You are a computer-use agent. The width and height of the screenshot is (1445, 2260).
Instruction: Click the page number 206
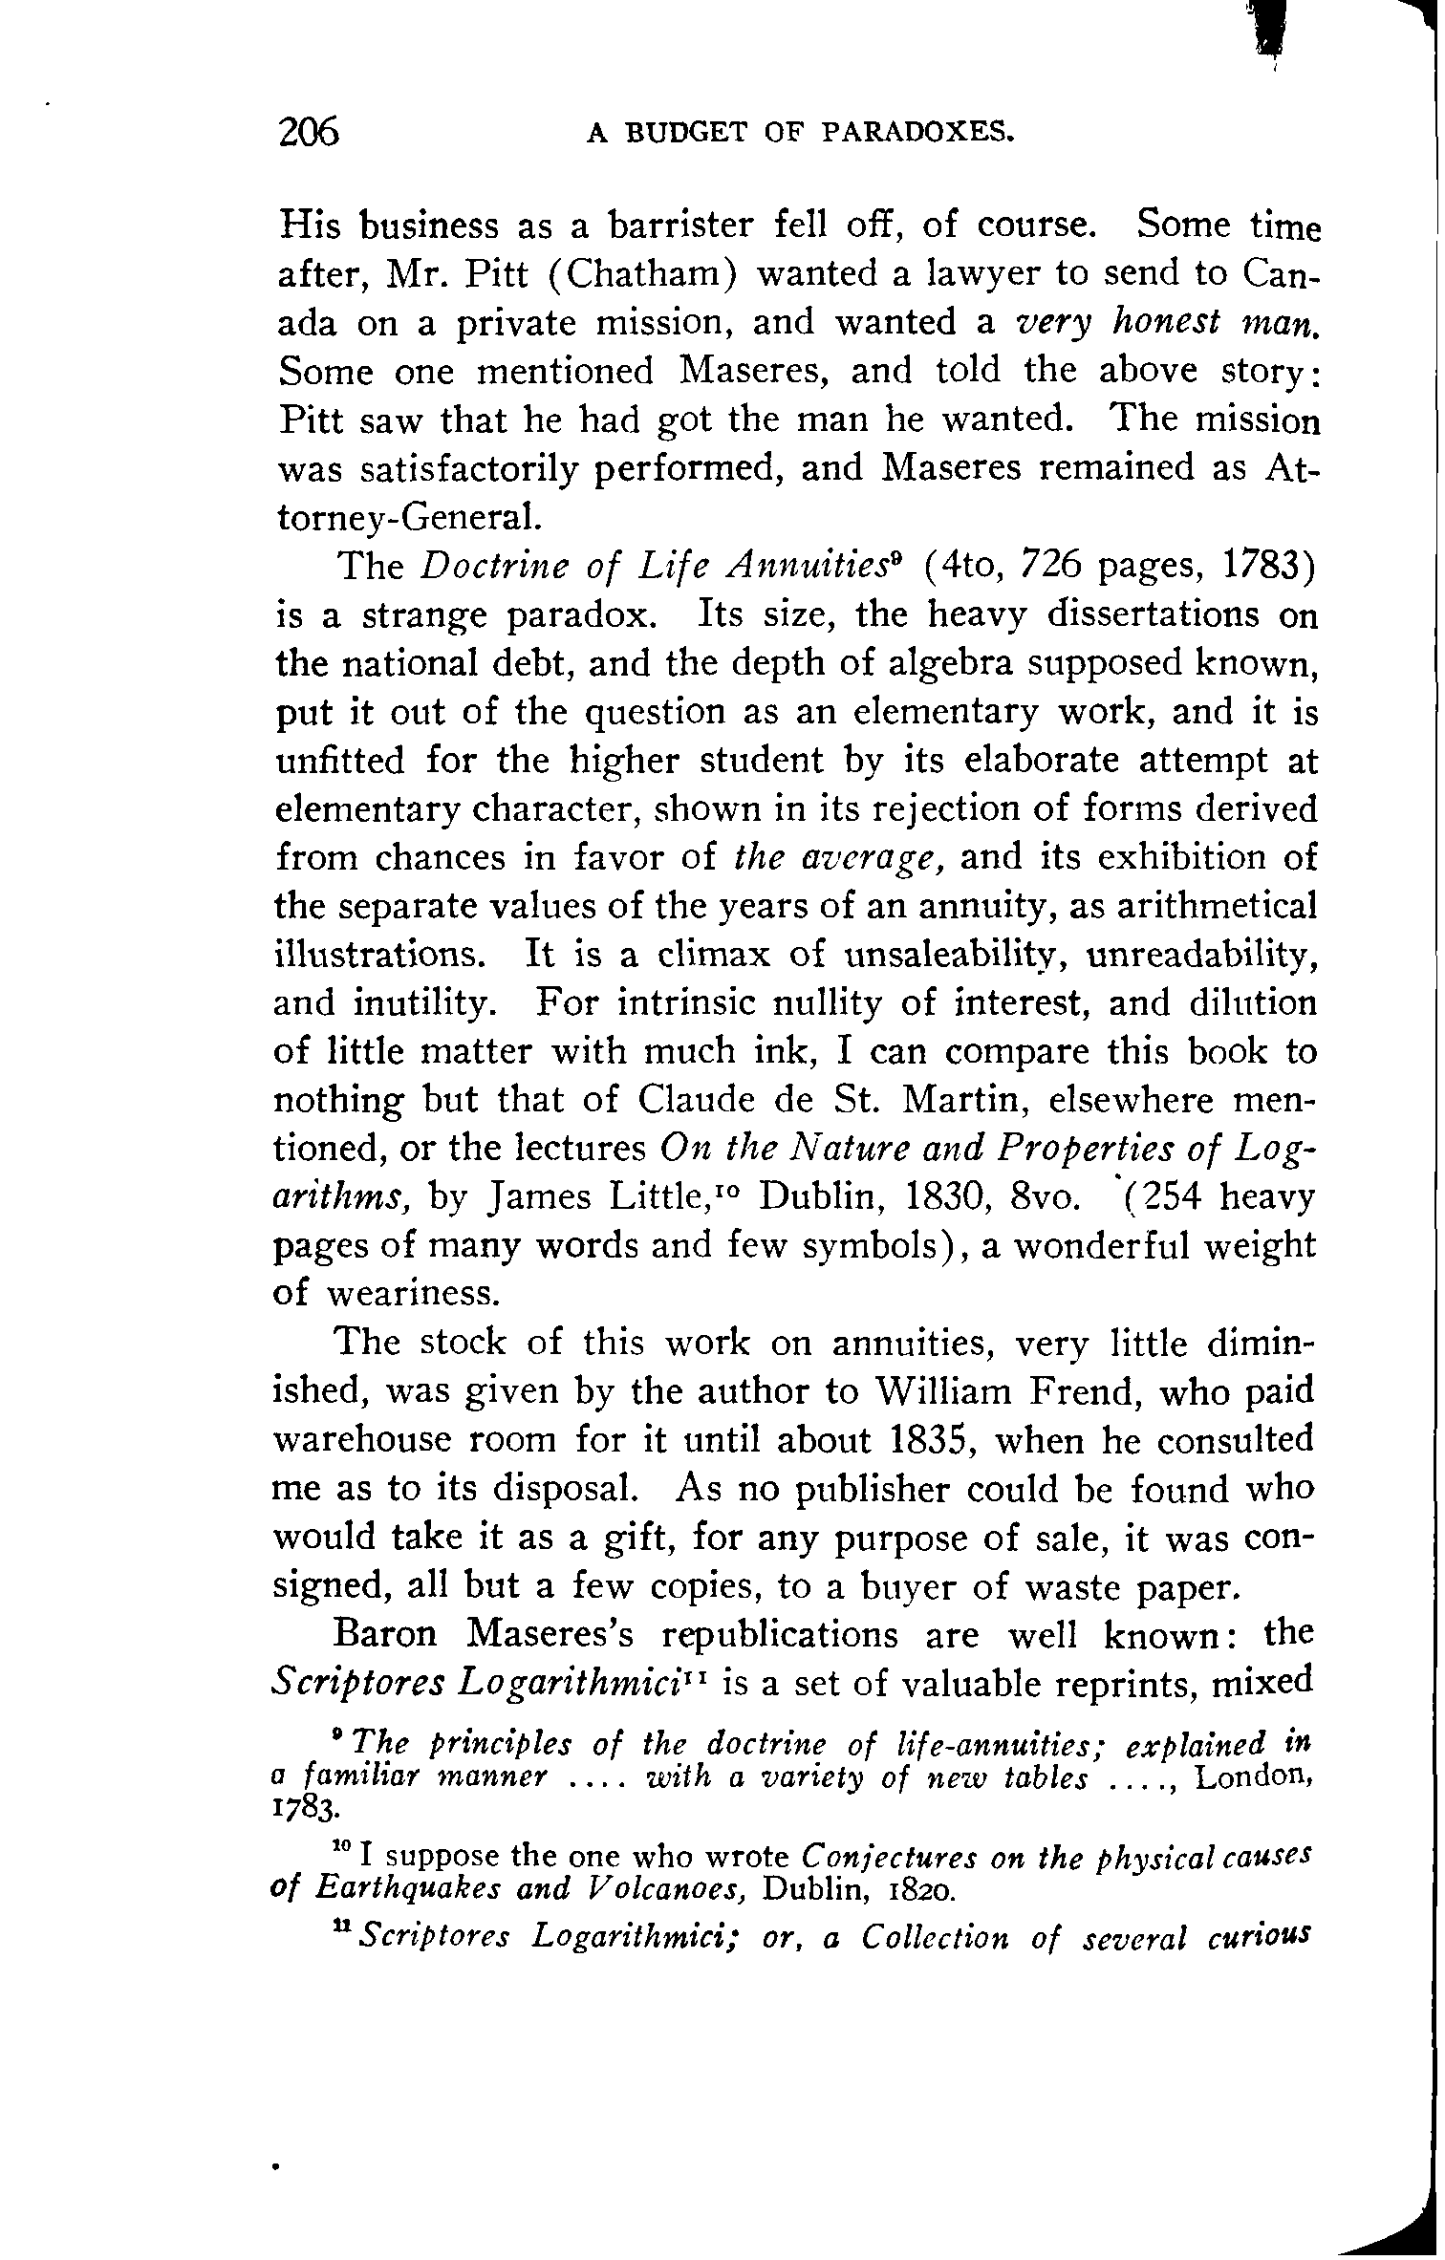coord(309,131)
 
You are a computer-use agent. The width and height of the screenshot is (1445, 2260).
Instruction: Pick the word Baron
coord(385,1635)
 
